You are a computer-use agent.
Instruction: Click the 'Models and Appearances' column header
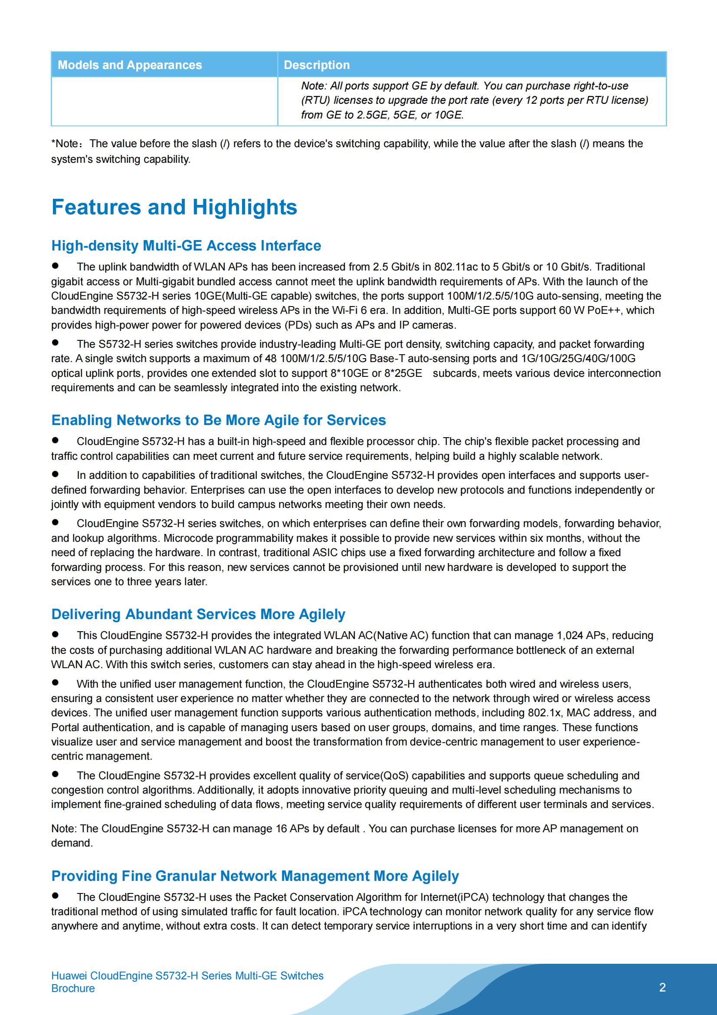(x=129, y=65)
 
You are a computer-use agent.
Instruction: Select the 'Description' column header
(x=316, y=65)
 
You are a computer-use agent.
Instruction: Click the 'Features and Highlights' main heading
(x=174, y=207)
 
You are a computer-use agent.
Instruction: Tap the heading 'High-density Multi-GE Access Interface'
(x=186, y=245)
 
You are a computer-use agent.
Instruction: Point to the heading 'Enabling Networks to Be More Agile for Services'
(x=218, y=420)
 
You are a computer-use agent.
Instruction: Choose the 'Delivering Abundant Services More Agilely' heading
(x=198, y=614)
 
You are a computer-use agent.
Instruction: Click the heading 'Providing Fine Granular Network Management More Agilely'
(x=255, y=876)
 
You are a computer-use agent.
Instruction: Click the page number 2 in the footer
(x=662, y=988)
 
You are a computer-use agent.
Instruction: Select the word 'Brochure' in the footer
(x=73, y=989)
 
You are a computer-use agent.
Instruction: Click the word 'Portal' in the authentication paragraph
(x=65, y=727)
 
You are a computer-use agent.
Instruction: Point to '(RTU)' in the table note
(x=315, y=100)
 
